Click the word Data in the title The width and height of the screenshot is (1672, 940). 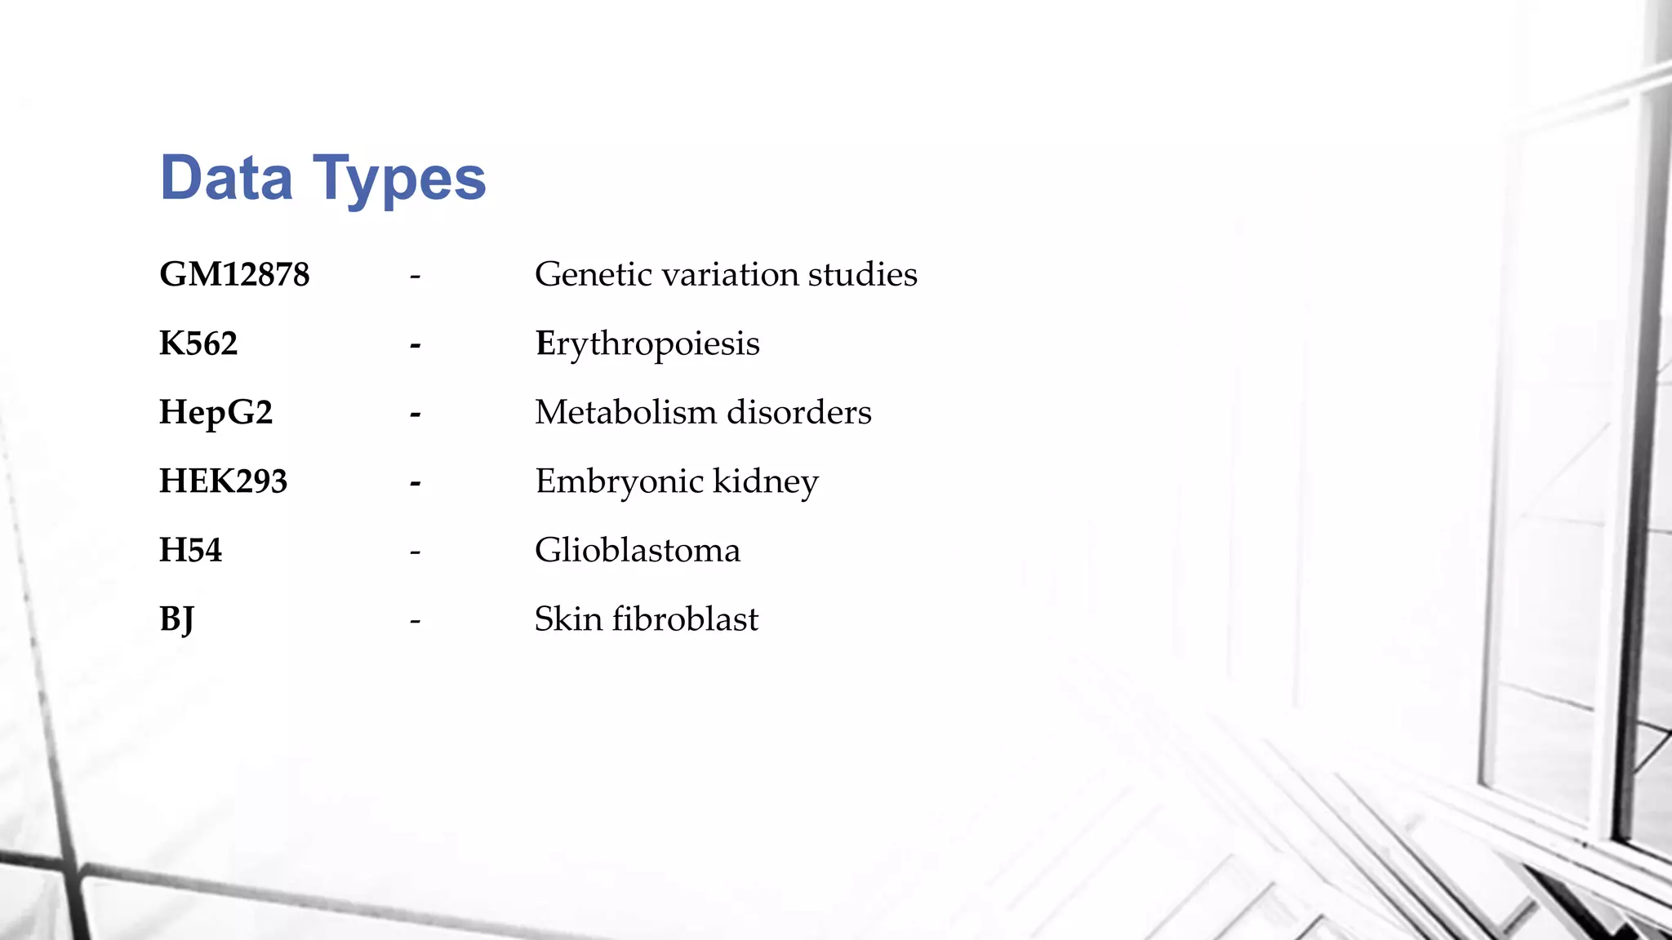pyautogui.click(x=226, y=178)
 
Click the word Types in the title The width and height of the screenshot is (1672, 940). pyautogui.click(x=399, y=180)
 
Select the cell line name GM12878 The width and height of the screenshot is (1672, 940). pyautogui.click(x=234, y=274)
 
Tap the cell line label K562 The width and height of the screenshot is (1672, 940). pyautogui.click(x=198, y=344)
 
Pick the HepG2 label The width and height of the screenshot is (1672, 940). pyautogui.click(x=216, y=413)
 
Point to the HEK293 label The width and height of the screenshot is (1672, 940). pyautogui.click(x=223, y=481)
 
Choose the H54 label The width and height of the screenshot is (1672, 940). pyautogui.click(x=190, y=550)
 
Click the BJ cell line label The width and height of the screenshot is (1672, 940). pyautogui.click(x=176, y=619)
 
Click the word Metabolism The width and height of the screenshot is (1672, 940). pyautogui.click(x=625, y=412)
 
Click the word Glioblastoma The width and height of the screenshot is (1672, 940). pyautogui.click(x=638, y=550)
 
